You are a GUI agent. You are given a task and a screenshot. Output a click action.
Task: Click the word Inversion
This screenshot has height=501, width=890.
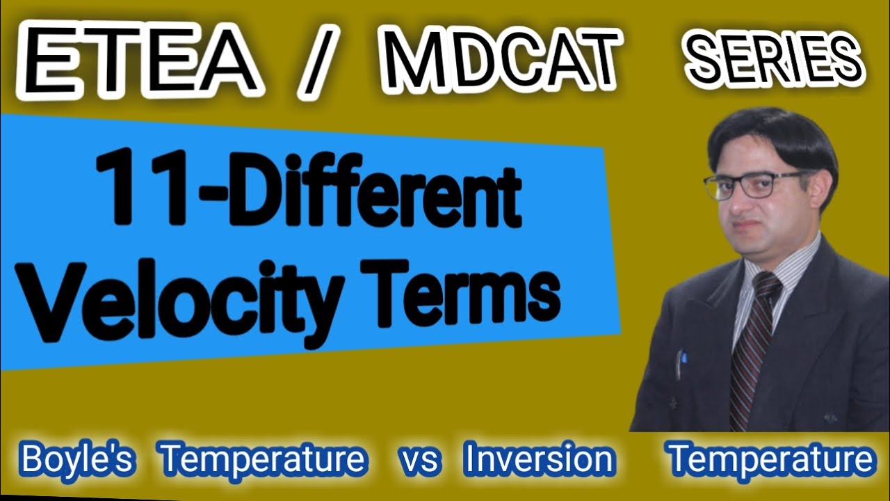[x=540, y=459]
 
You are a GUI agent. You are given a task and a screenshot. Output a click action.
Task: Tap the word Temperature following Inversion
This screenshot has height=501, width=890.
[x=770, y=459]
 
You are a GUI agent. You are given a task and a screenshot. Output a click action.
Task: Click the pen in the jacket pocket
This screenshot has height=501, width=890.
[x=681, y=362]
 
